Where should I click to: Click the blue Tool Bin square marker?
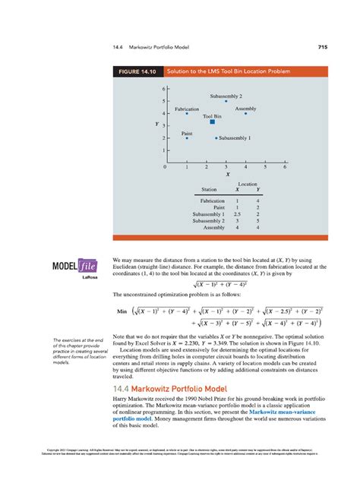212,121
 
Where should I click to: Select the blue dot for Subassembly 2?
226,101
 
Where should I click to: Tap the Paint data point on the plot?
187,138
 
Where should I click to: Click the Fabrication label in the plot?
187,109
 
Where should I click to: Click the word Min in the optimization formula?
120,311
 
